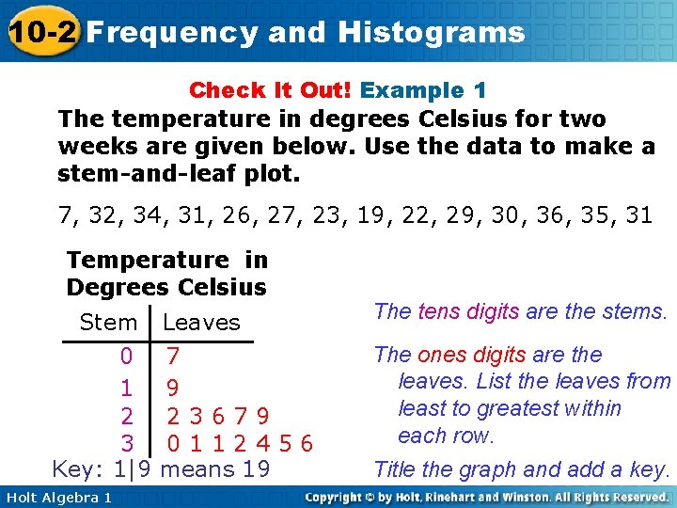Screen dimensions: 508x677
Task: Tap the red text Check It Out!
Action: (270, 90)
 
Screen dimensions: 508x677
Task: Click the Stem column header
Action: (108, 323)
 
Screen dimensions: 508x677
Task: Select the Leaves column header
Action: (201, 323)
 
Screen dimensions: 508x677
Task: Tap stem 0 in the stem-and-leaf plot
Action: (127, 357)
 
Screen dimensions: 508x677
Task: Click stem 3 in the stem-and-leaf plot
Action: (127, 442)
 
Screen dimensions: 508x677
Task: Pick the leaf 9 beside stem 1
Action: (173, 387)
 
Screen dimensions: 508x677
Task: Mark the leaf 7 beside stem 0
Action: (173, 357)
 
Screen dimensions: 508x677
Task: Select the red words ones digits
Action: (471, 355)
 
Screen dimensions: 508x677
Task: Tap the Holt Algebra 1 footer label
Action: (57, 497)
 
